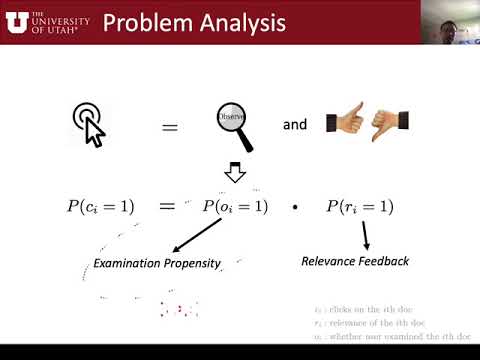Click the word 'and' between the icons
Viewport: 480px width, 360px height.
pos(295,126)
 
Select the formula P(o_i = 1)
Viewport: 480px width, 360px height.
pos(236,207)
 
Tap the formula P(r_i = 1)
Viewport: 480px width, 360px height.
pos(360,207)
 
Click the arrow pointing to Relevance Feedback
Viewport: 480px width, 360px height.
pos(364,236)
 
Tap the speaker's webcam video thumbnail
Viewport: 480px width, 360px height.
pos(449,21)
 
